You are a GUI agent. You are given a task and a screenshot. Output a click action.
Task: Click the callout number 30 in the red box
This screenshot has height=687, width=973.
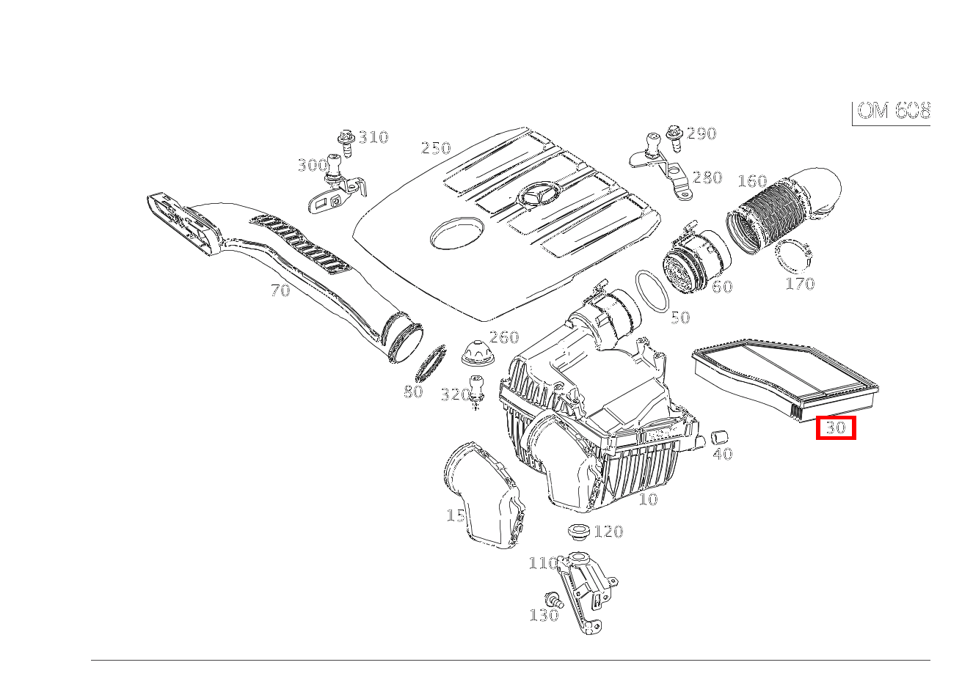836,427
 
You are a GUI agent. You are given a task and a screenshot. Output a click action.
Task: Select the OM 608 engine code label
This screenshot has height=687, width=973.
893,111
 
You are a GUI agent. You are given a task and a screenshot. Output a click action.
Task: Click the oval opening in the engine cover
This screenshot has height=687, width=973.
456,232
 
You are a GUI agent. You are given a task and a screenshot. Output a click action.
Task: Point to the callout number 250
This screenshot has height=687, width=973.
435,148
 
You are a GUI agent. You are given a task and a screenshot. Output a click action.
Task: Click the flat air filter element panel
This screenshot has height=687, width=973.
785,377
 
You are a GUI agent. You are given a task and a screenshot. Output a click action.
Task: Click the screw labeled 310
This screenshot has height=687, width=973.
346,142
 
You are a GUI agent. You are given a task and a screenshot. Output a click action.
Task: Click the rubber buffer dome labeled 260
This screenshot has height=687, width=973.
478,353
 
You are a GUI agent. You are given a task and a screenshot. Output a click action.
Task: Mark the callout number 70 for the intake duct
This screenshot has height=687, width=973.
280,290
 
